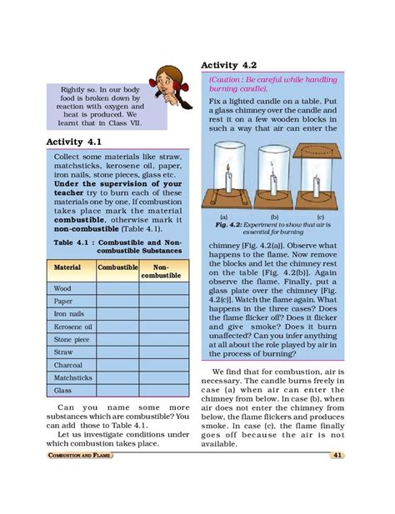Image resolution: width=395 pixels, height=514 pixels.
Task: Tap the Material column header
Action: pos(67,268)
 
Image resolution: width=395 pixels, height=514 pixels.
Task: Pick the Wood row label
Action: pos(62,288)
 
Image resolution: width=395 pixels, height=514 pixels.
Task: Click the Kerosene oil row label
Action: pos(73,327)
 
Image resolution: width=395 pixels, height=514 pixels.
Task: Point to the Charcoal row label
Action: pos(67,365)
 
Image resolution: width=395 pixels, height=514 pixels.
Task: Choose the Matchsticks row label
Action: pos(72,378)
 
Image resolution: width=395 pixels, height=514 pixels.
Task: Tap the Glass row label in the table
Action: pos(62,391)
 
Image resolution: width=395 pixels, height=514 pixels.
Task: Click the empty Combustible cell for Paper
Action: pos(117,302)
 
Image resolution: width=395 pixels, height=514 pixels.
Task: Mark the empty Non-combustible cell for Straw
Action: pos(160,352)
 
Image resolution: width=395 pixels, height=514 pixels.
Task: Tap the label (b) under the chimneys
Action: pos(273,215)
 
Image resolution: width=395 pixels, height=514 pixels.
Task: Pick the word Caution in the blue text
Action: pos(227,79)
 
